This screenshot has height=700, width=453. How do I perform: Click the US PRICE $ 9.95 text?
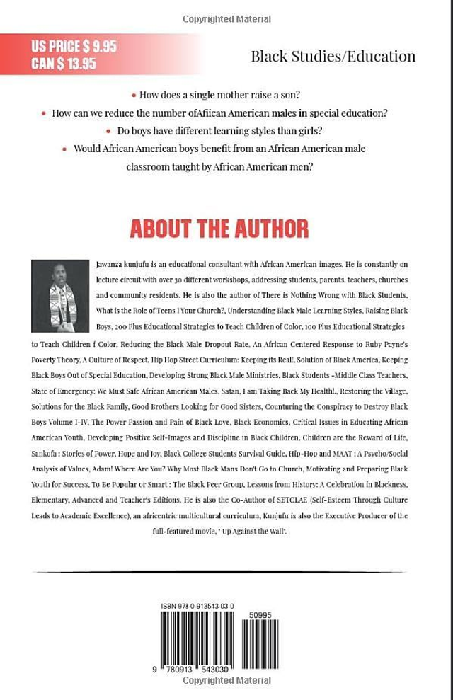(74, 47)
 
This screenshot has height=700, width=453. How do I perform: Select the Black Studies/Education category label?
(333, 57)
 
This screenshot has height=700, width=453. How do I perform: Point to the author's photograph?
(60, 295)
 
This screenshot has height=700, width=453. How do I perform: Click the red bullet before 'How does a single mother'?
(134, 95)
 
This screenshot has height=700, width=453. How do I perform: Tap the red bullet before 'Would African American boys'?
(66, 149)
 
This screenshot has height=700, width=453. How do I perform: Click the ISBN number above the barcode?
(197, 607)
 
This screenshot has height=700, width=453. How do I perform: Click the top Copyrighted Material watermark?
(226, 19)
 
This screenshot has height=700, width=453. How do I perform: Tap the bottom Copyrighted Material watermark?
(226, 680)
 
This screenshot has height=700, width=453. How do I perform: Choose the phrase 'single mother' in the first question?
(207, 95)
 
